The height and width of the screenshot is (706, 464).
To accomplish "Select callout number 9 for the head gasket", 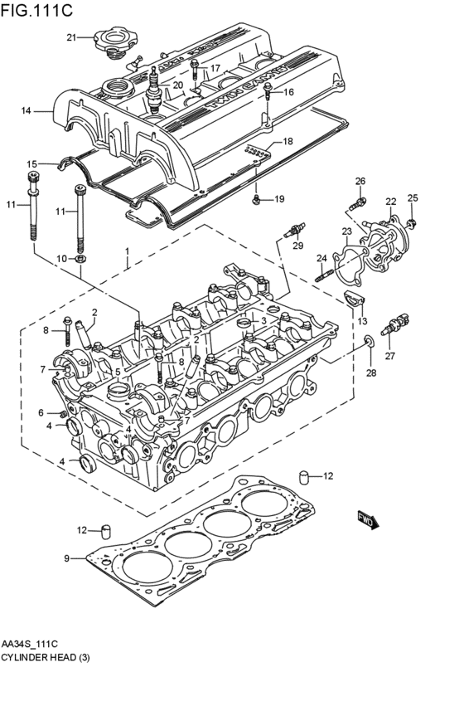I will click(69, 559).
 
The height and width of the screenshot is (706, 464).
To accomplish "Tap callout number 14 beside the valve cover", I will click(26, 110).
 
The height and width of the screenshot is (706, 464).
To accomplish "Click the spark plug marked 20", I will click(153, 91).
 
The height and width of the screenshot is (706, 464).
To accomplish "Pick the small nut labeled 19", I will click(258, 199).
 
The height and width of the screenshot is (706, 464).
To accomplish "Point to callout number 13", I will click(362, 322).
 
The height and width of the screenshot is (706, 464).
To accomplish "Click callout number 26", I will click(360, 182).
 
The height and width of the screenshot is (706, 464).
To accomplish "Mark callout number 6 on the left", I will click(41, 412).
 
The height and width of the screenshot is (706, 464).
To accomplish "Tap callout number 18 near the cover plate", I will click(288, 142).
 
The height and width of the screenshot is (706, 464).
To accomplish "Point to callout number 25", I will click(413, 197).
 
